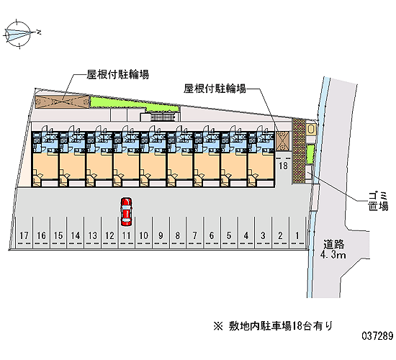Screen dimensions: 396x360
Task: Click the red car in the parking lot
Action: pyautogui.click(x=126, y=212)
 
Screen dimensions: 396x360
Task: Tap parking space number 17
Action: pyautogui.click(x=24, y=235)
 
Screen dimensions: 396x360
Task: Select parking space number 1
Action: pyautogui.click(x=297, y=235)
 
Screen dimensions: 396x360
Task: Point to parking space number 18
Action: pyautogui.click(x=283, y=166)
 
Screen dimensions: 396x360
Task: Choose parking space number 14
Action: pyautogui.click(x=76, y=235)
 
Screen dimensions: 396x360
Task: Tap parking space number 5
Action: pyautogui.click(x=229, y=235)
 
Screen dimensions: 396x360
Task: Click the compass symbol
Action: pyautogui.click(x=18, y=34)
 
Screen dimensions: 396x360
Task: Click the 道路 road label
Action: pyautogui.click(x=333, y=244)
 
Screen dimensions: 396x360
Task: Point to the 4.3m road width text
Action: pyautogui.click(x=333, y=255)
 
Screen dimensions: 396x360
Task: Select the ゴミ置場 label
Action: pyautogui.click(x=378, y=201)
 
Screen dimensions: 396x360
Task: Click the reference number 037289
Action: pyautogui.click(x=377, y=336)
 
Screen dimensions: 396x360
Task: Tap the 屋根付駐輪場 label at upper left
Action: pyautogui.click(x=117, y=75)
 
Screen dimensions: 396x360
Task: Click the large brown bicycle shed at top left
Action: pyautogui.click(x=62, y=102)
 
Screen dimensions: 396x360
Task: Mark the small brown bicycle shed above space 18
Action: pyautogui.click(x=283, y=141)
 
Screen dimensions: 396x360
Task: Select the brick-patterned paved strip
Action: pyautogui.click(x=298, y=150)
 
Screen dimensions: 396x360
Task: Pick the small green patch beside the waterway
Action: pyautogui.click(x=310, y=154)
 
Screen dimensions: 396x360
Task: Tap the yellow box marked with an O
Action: pyautogui.click(x=311, y=130)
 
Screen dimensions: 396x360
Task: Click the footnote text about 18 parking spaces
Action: pyautogui.click(x=273, y=326)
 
